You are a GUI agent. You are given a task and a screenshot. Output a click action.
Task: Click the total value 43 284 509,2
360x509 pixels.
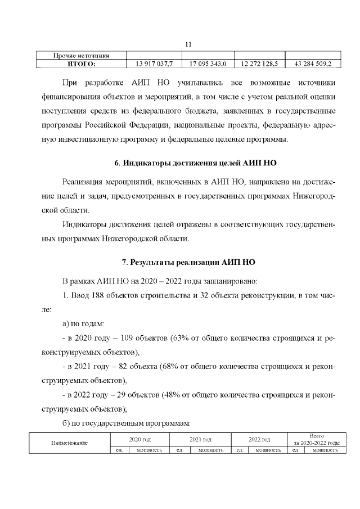[313, 64]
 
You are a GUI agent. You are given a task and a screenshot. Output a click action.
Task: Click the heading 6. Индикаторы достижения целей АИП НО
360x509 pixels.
[195, 163]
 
